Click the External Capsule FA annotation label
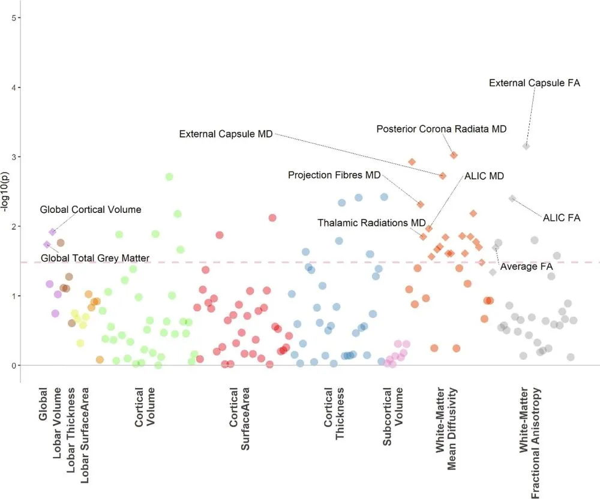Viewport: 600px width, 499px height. tap(535, 83)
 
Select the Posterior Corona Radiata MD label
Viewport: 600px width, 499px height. tap(442, 129)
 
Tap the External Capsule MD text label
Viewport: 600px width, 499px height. tap(226, 133)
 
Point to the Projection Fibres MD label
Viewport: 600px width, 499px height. tap(334, 175)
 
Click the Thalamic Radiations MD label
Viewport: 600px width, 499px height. tap(371, 223)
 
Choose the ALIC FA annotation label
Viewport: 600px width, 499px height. tap(562, 218)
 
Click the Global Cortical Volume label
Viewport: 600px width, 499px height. tap(91, 210)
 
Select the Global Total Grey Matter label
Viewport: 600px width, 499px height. tap(95, 258)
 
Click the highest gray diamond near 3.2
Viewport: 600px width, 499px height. tap(526, 146)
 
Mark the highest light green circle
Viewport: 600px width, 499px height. tap(169, 176)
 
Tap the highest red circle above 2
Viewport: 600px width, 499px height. tap(272, 218)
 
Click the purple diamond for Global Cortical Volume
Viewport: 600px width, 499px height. tap(53, 232)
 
